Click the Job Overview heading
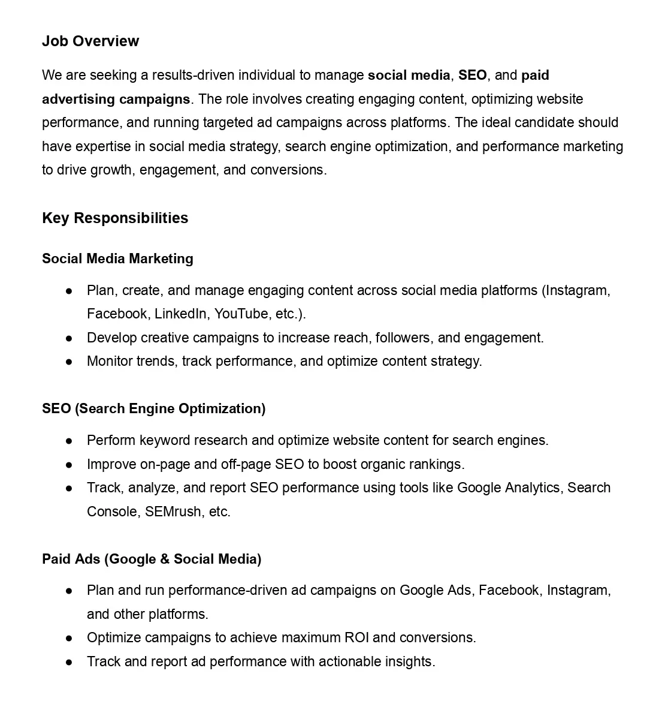90,41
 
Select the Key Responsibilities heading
115,218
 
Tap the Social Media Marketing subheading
117,259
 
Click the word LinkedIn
180,314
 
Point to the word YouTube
241,314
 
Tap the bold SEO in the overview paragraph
472,76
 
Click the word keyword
163,441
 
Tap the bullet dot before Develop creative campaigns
69,338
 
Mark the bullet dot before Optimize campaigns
69,638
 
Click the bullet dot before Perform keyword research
69,441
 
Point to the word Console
113,512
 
